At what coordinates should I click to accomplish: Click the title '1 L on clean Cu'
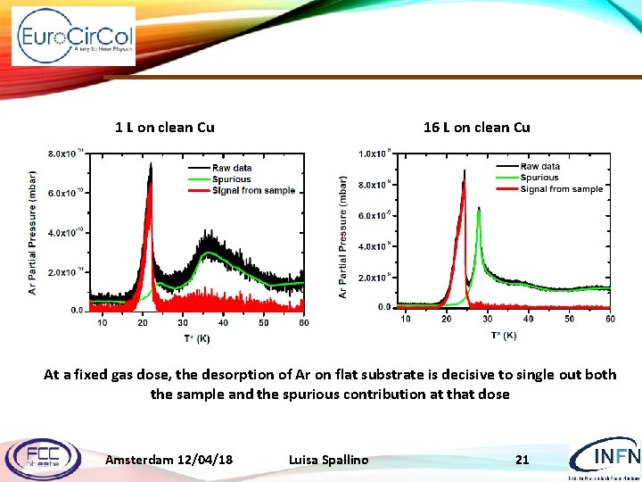[x=165, y=127]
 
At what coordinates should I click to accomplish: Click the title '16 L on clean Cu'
[x=476, y=127]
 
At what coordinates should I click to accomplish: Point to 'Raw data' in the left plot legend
[x=231, y=168]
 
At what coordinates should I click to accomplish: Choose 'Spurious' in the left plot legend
[x=231, y=179]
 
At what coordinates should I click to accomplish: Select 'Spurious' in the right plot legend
[x=539, y=178]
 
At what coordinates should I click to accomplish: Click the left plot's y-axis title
[x=33, y=232]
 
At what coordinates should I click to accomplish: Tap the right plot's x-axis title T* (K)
[x=503, y=336]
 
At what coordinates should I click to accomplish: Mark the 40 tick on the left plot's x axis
[x=223, y=322]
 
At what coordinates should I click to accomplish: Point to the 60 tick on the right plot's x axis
[x=610, y=319]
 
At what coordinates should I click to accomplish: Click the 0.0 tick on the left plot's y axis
[x=77, y=311]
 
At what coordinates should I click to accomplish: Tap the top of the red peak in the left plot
[x=151, y=185]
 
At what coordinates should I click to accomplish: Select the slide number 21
[x=523, y=460]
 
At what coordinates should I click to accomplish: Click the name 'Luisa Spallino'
[x=328, y=460]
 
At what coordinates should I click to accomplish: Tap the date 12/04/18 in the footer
[x=204, y=460]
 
